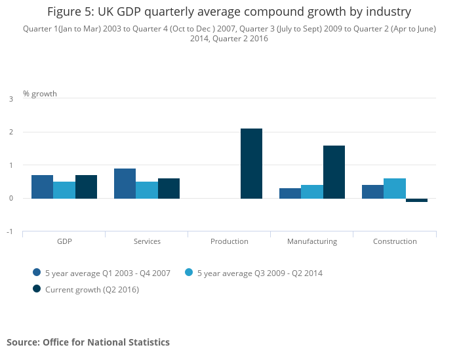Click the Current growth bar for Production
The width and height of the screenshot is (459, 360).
(x=251, y=163)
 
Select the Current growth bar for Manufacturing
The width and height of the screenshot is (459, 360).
(x=334, y=172)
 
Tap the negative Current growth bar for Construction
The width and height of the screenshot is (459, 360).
(x=416, y=200)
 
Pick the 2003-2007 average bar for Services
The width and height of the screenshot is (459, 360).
(x=125, y=184)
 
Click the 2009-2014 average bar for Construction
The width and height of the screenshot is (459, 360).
(x=395, y=188)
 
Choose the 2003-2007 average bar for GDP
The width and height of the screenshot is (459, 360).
(x=42, y=187)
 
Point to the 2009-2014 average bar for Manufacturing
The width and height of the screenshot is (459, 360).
(x=312, y=191)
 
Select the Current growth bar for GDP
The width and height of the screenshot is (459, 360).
(x=86, y=187)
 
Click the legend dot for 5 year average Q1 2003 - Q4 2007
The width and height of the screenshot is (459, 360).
(x=37, y=273)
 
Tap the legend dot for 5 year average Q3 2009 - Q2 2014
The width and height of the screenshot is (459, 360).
(x=189, y=273)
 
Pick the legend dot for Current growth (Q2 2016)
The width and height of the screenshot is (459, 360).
(x=37, y=289)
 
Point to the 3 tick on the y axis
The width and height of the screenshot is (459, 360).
(x=10, y=99)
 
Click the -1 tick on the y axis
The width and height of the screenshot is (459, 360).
(x=10, y=231)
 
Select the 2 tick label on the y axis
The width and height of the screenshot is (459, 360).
(x=10, y=132)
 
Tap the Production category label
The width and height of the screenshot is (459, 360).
(x=229, y=241)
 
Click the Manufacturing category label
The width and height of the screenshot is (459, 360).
(x=312, y=241)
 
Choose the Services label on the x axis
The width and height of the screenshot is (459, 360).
(x=147, y=241)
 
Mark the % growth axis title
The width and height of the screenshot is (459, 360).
(x=40, y=94)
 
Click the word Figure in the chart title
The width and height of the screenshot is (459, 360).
(x=64, y=12)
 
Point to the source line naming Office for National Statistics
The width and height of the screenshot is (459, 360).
(x=88, y=342)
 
